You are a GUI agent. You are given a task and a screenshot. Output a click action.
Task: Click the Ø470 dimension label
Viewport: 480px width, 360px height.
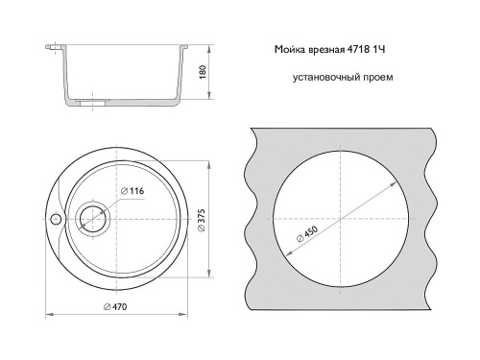115,306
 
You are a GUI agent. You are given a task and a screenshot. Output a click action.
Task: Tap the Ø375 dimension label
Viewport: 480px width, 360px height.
201,221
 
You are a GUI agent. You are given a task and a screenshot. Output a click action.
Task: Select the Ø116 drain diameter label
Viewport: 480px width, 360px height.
132,191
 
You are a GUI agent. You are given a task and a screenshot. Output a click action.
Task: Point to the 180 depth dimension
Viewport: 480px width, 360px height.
203,73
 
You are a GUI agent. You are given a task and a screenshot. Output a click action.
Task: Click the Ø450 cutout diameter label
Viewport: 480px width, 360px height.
307,234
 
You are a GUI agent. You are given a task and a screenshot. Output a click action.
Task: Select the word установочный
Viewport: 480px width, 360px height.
326,78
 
